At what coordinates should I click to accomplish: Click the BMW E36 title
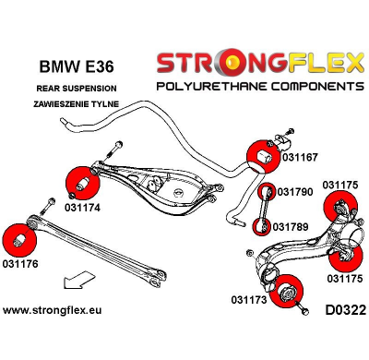pyautogui.click(x=70, y=67)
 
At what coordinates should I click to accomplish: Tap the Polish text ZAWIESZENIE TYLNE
pyautogui.click(x=71, y=104)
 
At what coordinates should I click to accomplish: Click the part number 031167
pyautogui.click(x=301, y=158)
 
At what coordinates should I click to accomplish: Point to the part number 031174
pyautogui.click(x=83, y=208)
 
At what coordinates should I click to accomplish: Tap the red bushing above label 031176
pyautogui.click(x=19, y=238)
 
